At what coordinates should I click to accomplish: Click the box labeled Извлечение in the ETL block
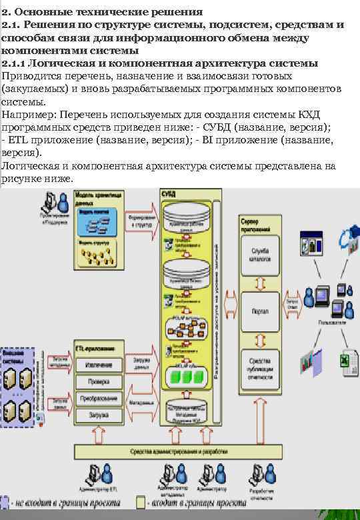pyautogui.click(x=99, y=365)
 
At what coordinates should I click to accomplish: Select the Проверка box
pyautogui.click(x=99, y=382)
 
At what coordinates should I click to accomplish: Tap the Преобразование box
pyautogui.click(x=99, y=399)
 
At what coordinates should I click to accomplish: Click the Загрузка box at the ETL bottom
pyautogui.click(x=99, y=415)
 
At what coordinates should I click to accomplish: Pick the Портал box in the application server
pyautogui.click(x=260, y=311)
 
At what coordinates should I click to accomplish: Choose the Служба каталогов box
pyautogui.click(x=260, y=255)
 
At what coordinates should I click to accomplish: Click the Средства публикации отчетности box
pyautogui.click(x=260, y=365)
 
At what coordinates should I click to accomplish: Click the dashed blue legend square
pyautogui.click(x=5, y=501)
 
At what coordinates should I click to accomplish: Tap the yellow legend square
pyautogui.click(x=141, y=501)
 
